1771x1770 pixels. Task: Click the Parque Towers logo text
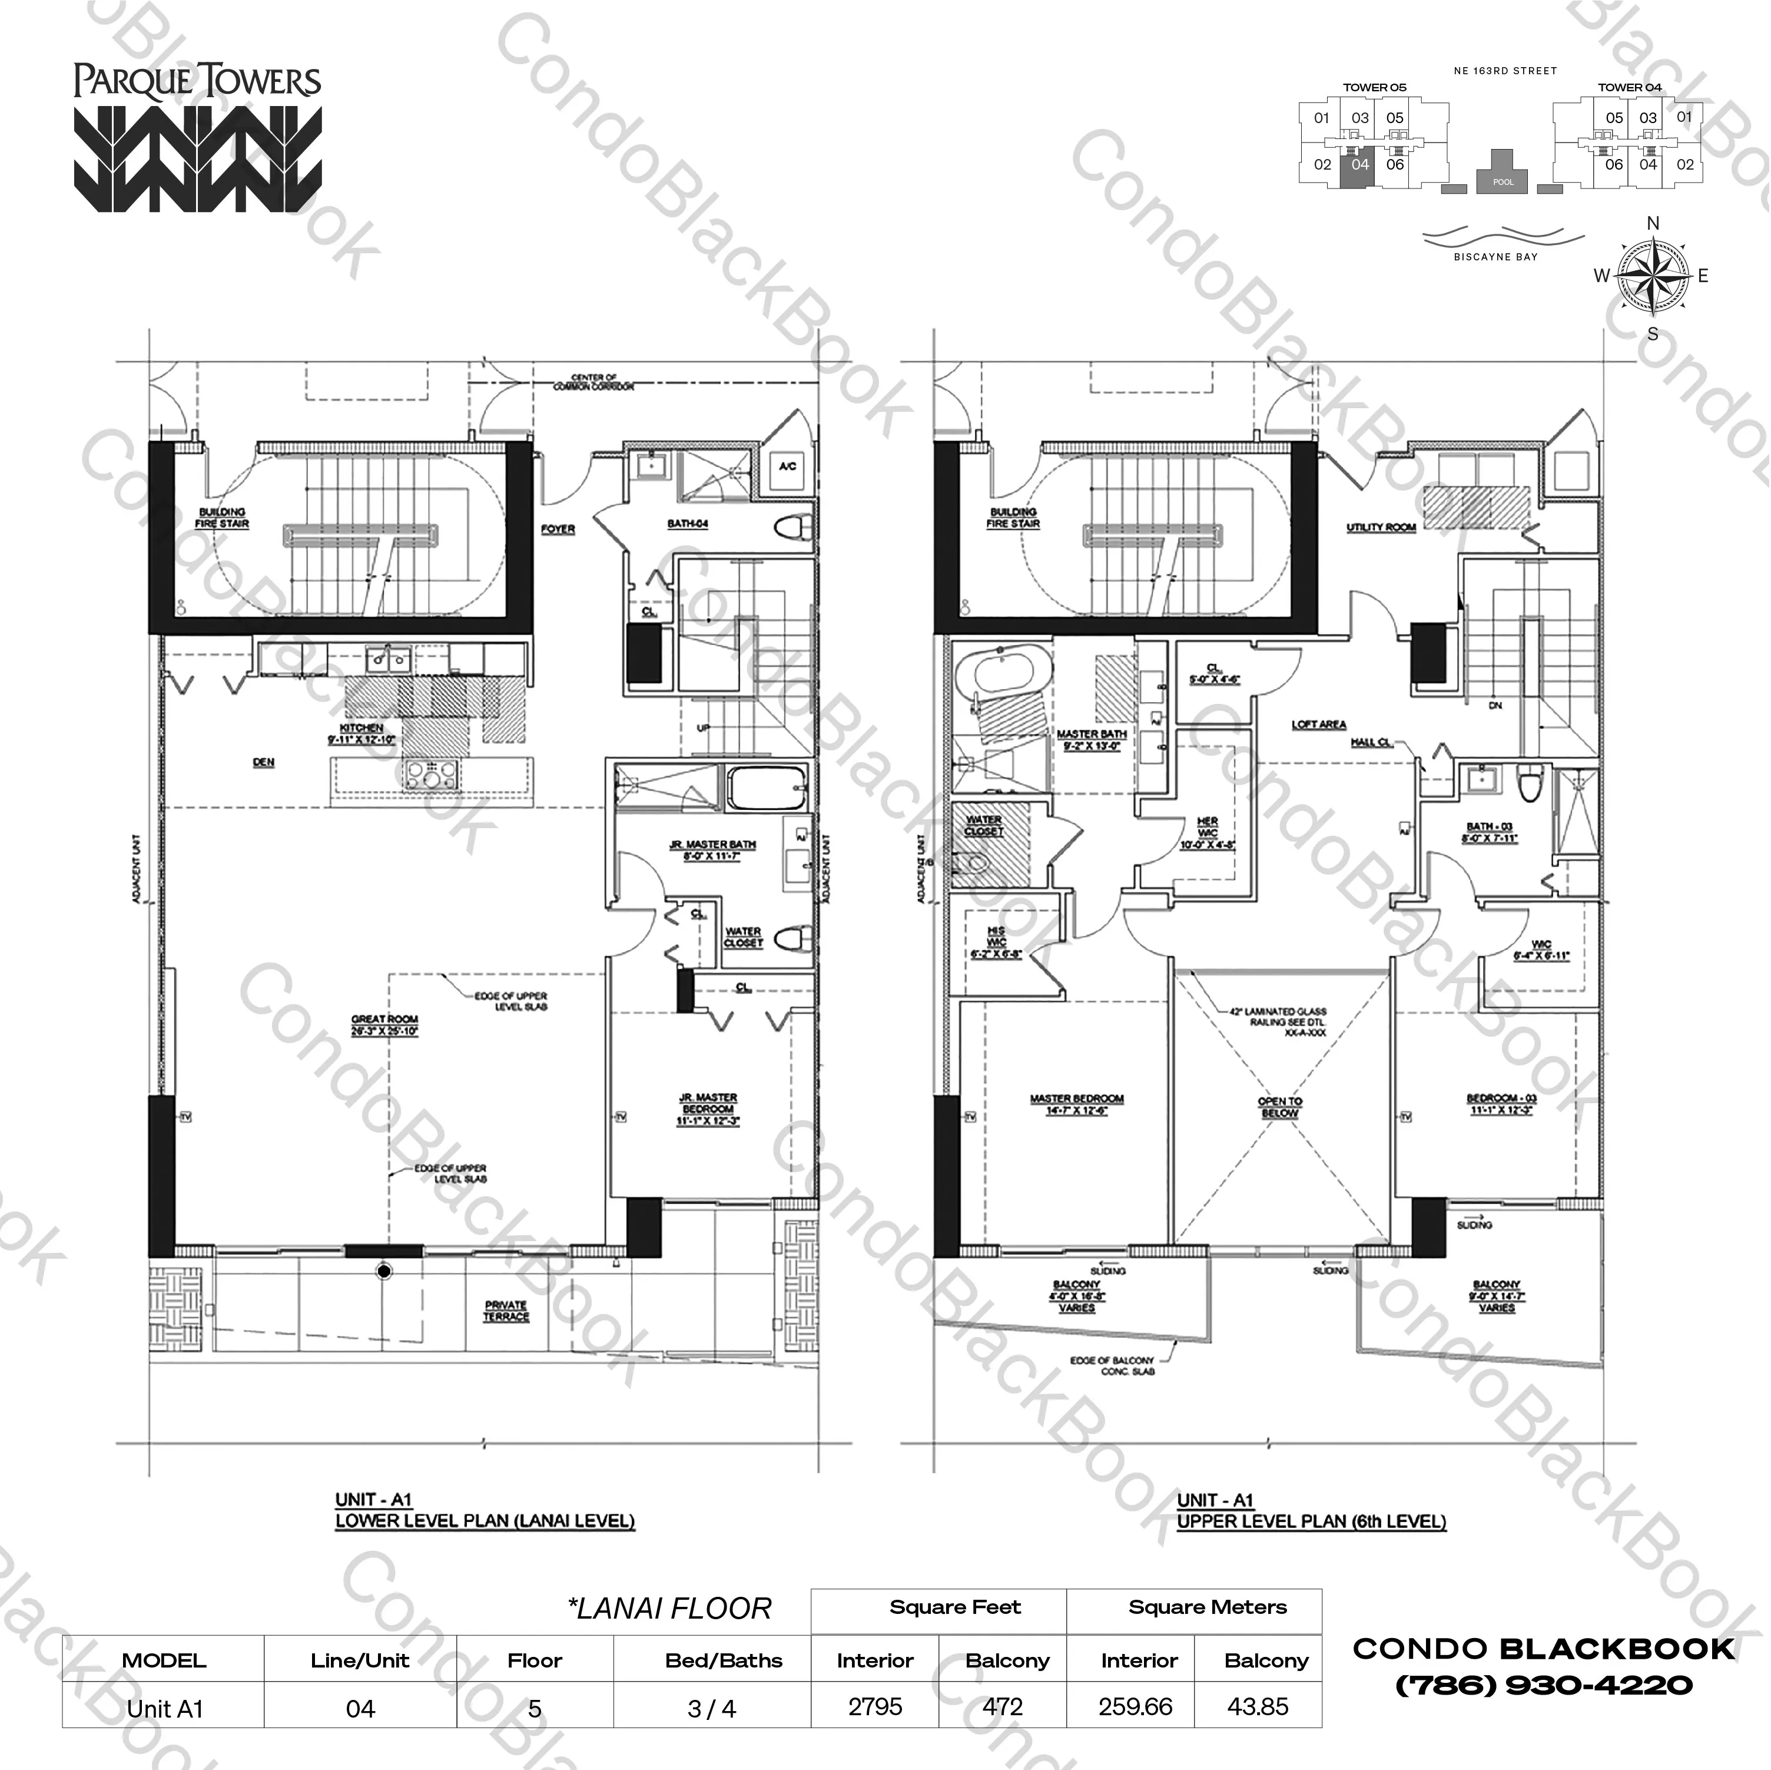click(x=197, y=81)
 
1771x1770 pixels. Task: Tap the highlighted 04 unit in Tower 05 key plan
click(x=1359, y=165)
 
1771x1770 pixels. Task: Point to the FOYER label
click(x=558, y=529)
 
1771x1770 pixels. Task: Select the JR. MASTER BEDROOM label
click(x=708, y=1109)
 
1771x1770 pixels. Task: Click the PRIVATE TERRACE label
click(x=506, y=1311)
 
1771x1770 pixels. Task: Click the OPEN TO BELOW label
click(x=1279, y=1107)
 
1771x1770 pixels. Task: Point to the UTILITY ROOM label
click(x=1381, y=527)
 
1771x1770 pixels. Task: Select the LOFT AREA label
click(x=1318, y=724)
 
